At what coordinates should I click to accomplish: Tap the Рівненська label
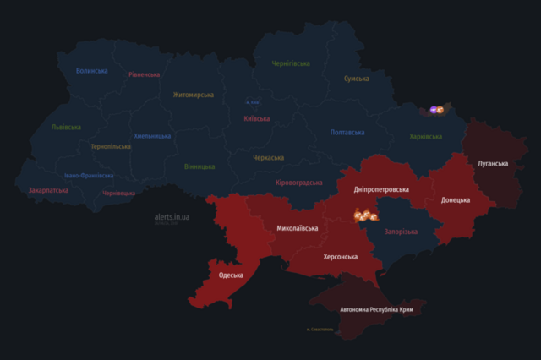click(x=145, y=74)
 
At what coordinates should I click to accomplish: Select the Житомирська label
click(x=194, y=95)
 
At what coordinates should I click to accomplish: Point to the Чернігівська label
click(x=291, y=63)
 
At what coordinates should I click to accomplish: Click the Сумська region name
click(x=356, y=79)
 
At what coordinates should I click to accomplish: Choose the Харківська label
click(x=425, y=136)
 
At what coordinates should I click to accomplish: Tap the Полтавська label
click(x=347, y=133)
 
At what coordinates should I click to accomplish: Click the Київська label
click(x=256, y=118)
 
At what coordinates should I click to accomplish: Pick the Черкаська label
click(x=269, y=157)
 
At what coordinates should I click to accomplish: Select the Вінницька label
click(x=199, y=166)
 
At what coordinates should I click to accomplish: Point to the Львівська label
click(x=66, y=127)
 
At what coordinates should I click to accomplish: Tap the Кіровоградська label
click(x=299, y=183)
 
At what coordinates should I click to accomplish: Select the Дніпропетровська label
click(x=381, y=189)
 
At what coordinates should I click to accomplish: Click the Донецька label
click(x=456, y=200)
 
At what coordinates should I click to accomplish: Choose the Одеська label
click(x=231, y=275)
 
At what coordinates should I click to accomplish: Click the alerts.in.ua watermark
click(x=172, y=217)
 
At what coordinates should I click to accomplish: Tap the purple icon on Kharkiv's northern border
click(x=434, y=109)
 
